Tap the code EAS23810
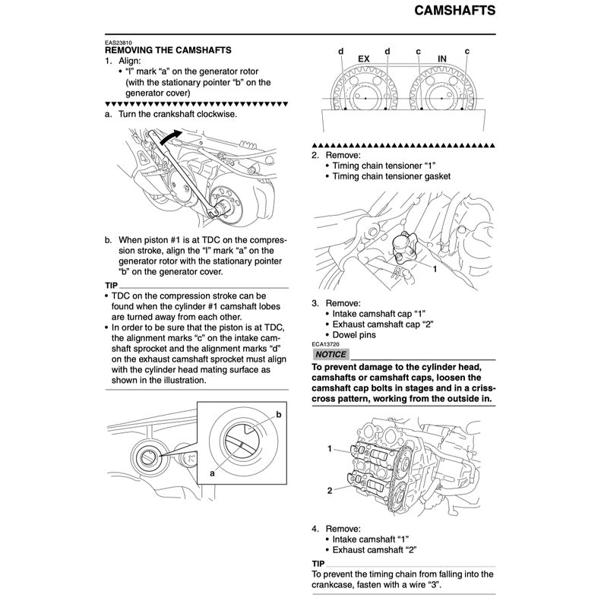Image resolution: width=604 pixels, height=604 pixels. pyautogui.click(x=121, y=42)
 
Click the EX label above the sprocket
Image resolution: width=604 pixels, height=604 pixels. pyautogui.click(x=364, y=59)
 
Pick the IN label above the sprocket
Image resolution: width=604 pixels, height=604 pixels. pyautogui.click(x=442, y=59)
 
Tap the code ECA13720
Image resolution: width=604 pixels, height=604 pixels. pyautogui.click(x=328, y=344)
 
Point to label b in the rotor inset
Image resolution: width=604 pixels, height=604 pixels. pyautogui.click(x=278, y=414)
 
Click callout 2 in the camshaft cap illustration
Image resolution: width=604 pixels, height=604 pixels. pyautogui.click(x=330, y=490)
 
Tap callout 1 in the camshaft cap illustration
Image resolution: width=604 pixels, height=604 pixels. pyautogui.click(x=330, y=449)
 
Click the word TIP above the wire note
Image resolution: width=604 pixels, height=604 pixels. pyautogui.click(x=320, y=563)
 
